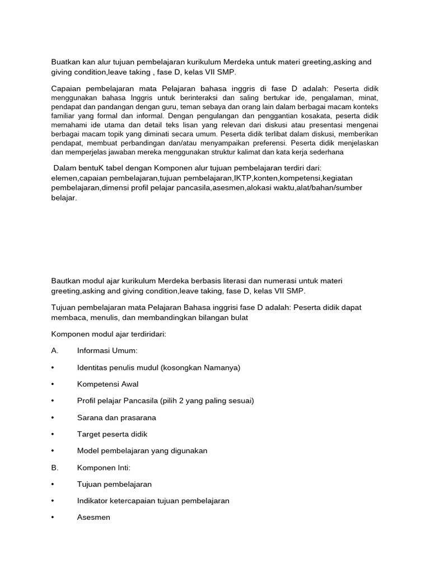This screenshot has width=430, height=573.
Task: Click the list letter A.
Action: (x=55, y=351)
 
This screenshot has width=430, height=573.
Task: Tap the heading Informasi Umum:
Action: (x=106, y=351)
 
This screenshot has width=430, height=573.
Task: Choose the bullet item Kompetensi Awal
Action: (x=107, y=384)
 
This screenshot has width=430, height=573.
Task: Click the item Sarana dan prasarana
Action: (x=116, y=417)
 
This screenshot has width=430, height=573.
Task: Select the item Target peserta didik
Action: (x=112, y=434)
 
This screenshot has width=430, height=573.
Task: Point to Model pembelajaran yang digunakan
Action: (x=142, y=451)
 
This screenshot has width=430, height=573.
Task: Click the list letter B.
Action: (x=55, y=467)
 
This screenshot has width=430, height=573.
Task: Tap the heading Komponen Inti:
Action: (x=104, y=467)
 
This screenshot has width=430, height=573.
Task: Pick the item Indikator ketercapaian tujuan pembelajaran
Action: (x=153, y=501)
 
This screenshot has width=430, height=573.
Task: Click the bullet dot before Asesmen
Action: (x=52, y=518)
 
